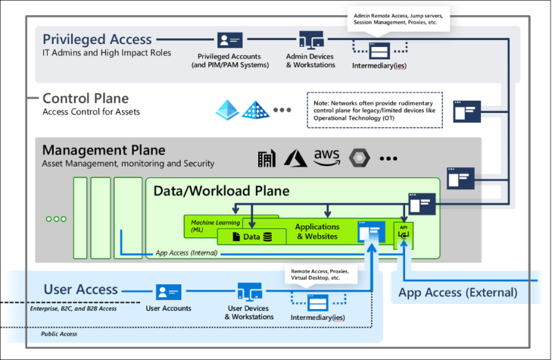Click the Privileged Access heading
tap(97, 40)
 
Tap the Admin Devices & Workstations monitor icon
tap(310, 39)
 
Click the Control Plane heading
tap(86, 99)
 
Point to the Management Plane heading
tap(103, 150)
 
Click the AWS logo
tap(326, 157)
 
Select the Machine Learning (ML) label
tap(215, 226)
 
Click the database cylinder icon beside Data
tap(267, 237)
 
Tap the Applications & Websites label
tap(317, 231)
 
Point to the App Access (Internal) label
tap(186, 253)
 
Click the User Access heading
tap(81, 290)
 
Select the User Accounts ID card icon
tap(168, 292)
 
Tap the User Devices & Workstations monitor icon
tap(249, 290)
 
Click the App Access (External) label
tap(457, 292)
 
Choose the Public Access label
tap(59, 334)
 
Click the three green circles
tap(56, 219)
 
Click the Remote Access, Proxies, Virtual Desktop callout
tap(321, 274)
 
